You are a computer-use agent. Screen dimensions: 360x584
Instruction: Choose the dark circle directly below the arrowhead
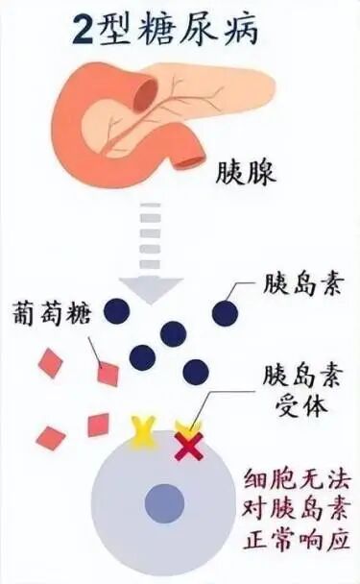174,333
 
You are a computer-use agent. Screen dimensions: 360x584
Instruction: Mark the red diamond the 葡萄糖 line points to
108,373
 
